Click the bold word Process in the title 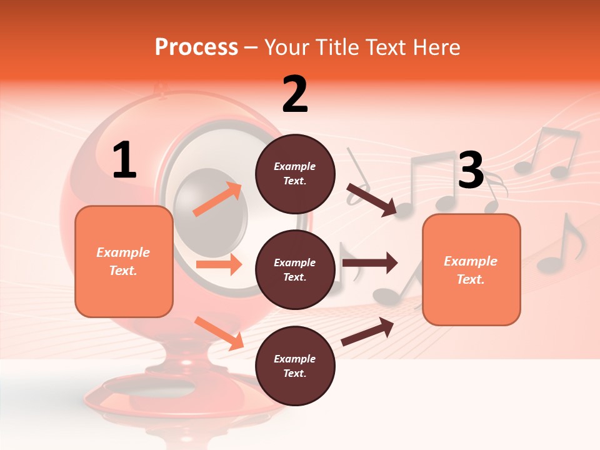click(196, 47)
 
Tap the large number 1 click(124, 161)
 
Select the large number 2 click(295, 95)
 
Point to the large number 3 click(471, 171)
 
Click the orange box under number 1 click(124, 261)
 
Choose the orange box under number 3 click(471, 269)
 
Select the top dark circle click(295, 174)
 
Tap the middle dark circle click(295, 270)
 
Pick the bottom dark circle click(295, 366)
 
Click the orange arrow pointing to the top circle click(217, 199)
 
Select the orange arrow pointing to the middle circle click(218, 264)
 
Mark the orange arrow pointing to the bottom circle click(219, 332)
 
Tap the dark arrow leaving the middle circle click(369, 262)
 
